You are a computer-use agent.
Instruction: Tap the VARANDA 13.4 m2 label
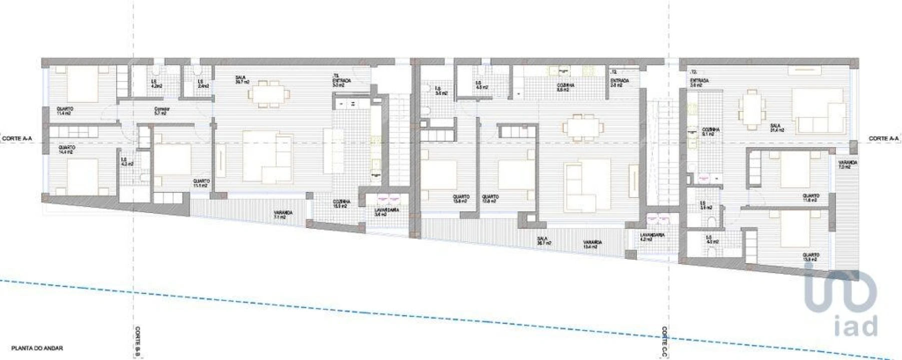(x=592, y=244)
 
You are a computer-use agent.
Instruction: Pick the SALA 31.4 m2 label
(x=776, y=128)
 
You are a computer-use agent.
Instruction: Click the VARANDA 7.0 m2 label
(x=847, y=165)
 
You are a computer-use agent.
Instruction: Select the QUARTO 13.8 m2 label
(x=460, y=199)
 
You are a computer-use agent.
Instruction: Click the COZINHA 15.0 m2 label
(x=342, y=203)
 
